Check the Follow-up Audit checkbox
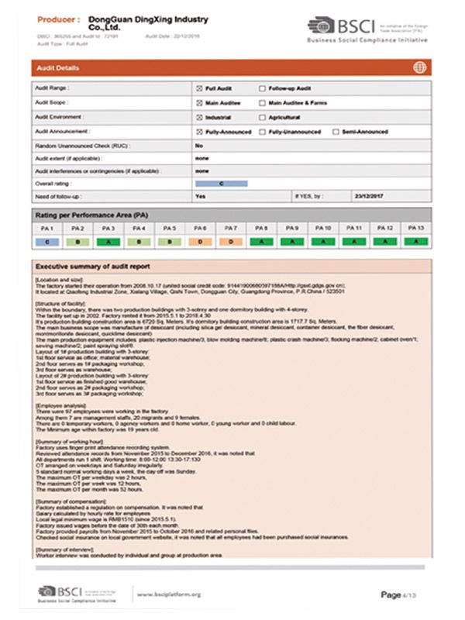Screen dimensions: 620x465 click(261, 89)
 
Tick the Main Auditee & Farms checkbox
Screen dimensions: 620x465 click(261, 103)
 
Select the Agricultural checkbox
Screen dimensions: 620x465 click(261, 117)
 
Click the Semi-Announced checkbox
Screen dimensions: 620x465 click(335, 132)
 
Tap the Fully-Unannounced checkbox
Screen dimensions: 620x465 click(261, 132)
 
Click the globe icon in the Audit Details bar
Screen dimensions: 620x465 click(418, 68)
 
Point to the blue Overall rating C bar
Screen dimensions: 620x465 click(222, 184)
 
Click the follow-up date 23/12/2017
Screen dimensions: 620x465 click(368, 197)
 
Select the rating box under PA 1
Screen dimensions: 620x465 click(48, 242)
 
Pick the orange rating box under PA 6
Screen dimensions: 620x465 click(200, 242)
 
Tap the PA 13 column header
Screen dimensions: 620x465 click(415, 229)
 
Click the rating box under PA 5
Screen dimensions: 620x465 click(170, 242)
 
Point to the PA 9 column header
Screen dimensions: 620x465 click(292, 229)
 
